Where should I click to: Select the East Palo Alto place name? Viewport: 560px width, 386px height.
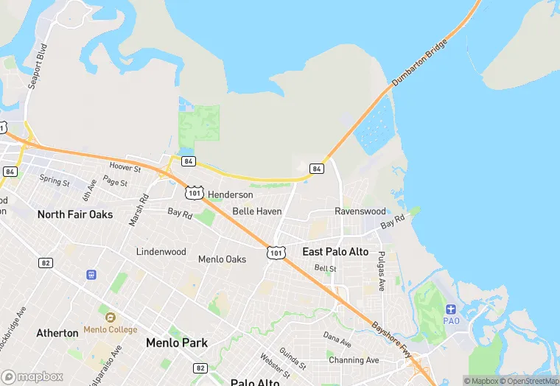pos(335,252)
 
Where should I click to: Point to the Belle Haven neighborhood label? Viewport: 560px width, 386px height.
pos(257,211)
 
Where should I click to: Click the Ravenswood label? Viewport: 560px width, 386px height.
pos(360,211)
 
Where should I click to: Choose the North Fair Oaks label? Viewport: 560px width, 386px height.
pos(75,214)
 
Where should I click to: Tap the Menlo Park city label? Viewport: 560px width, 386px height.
pos(177,343)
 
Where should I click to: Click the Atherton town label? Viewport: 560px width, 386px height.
pos(57,333)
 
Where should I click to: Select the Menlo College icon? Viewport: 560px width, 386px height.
pos(111,317)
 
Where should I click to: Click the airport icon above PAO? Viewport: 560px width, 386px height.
pos(451,308)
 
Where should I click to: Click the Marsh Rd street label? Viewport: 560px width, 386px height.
pos(139,209)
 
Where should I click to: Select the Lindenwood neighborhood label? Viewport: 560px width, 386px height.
pos(161,252)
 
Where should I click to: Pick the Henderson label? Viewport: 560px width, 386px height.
pos(230,195)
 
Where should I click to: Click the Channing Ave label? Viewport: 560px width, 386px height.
pos(354,360)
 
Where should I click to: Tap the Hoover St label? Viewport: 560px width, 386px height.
pos(125,168)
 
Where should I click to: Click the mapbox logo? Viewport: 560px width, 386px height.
pos(32,376)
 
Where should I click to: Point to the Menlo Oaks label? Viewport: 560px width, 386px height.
pos(222,259)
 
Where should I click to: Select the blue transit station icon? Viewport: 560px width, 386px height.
pos(91,275)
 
